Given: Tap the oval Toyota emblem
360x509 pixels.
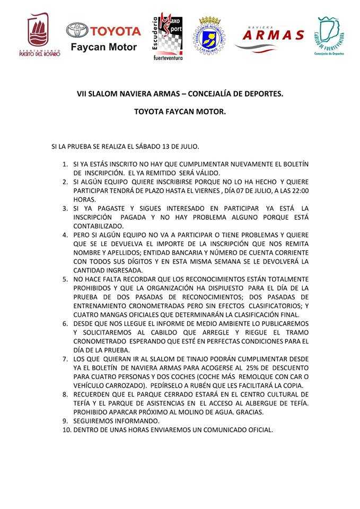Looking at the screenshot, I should [x=77, y=31].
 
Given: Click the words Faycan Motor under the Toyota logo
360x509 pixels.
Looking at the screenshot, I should [x=104, y=48].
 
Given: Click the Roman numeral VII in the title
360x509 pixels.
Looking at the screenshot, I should [x=81, y=93].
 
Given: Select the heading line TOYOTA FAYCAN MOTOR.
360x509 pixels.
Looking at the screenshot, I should [x=180, y=112].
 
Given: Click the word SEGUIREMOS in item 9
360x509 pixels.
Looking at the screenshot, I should [x=94, y=420].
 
